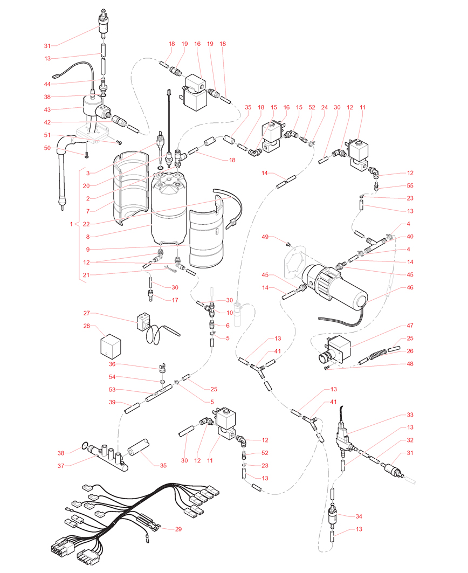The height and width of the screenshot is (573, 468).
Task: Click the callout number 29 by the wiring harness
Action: pos(178,529)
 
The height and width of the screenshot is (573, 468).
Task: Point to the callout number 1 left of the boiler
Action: pos(72,223)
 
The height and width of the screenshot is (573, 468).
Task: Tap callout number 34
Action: pos(359,516)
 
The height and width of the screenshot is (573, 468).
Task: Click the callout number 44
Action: pos(47,84)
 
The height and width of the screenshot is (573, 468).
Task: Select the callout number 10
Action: pos(230,313)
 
